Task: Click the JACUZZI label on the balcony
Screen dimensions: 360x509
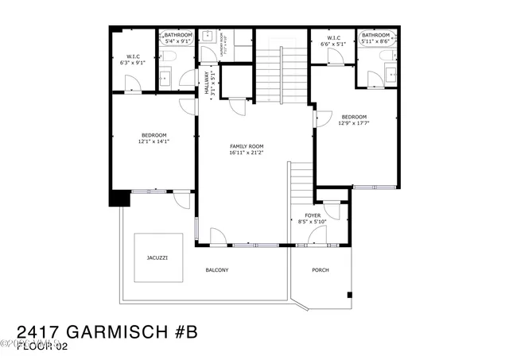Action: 157,258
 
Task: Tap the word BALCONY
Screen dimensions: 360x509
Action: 217,270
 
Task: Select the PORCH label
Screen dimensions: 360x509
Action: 320,270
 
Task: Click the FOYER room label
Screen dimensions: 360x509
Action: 313,215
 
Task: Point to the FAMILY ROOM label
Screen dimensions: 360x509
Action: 247,146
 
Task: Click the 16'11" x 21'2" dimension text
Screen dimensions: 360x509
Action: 247,153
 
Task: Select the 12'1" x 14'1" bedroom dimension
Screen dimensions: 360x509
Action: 154,141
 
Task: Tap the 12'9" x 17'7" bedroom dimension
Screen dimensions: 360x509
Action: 354,122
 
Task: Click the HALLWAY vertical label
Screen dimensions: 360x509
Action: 208,83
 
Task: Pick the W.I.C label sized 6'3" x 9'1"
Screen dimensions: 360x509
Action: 134,56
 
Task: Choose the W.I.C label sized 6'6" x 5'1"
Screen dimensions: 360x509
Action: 333,37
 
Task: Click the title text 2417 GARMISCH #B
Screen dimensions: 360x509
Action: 107,330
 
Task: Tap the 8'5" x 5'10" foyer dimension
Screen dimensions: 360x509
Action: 313,223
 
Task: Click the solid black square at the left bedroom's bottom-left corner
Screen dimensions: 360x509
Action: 119,199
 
